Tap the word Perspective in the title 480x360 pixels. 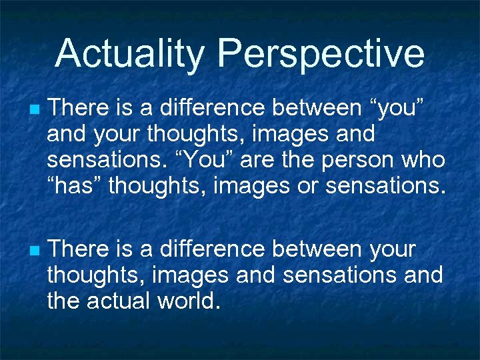click(x=321, y=55)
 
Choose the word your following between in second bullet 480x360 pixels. click(x=392, y=250)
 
